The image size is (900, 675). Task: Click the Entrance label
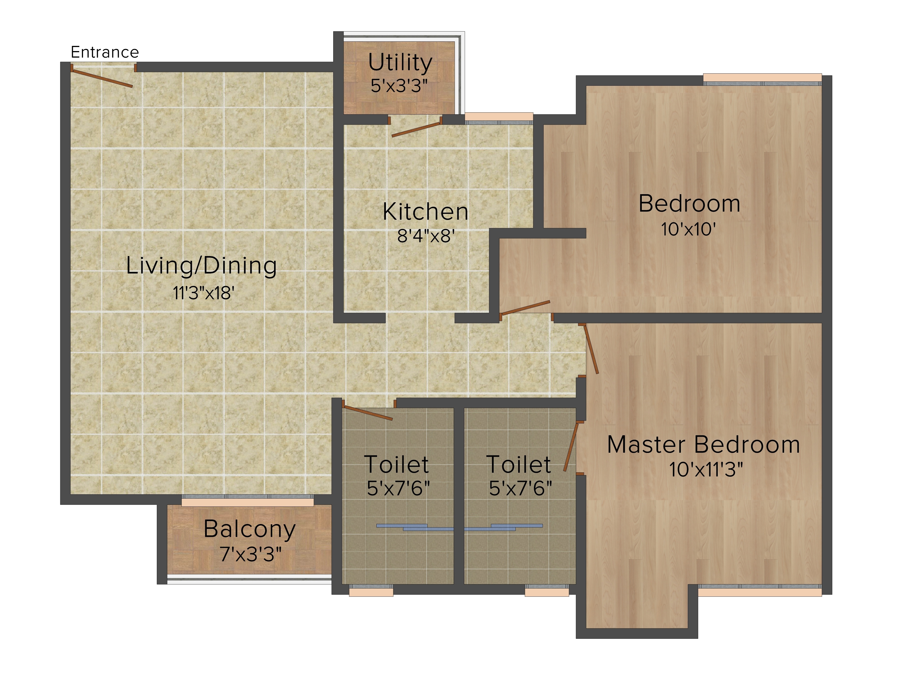(105, 52)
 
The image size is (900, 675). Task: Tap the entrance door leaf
(102, 77)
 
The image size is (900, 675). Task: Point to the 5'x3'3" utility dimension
(399, 86)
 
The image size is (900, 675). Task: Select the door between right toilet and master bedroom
(571, 447)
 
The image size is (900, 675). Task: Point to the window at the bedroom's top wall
(763, 79)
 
